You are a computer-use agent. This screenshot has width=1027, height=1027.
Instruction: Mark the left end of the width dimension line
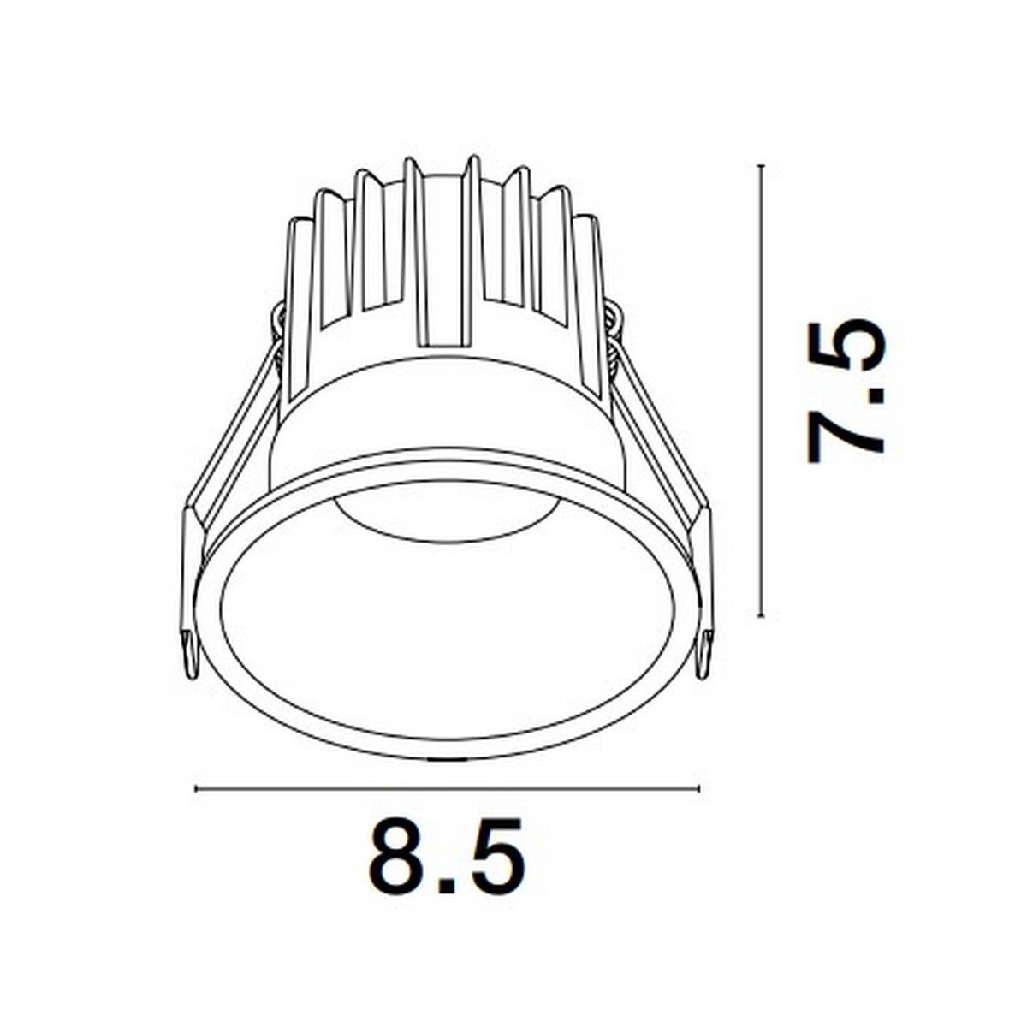197,788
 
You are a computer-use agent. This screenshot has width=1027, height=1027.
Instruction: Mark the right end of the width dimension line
698,788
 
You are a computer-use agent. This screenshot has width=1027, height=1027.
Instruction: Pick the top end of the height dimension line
761,166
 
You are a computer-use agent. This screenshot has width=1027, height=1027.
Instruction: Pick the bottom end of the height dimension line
761,614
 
